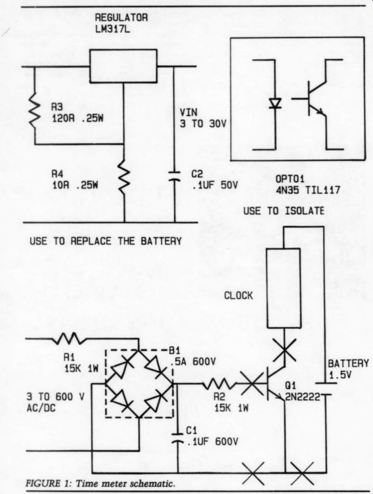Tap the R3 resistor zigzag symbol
click(x=34, y=110)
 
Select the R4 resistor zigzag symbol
click(x=124, y=179)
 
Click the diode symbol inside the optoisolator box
click(x=275, y=103)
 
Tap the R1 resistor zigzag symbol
click(x=69, y=338)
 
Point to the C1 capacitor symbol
click(x=177, y=438)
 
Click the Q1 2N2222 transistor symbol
click(x=274, y=384)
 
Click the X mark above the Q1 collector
click(x=284, y=349)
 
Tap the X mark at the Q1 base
click(x=252, y=384)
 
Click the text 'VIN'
click(x=188, y=112)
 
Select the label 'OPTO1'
click(x=290, y=179)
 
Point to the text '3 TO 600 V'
click(x=55, y=397)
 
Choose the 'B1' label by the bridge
click(x=175, y=350)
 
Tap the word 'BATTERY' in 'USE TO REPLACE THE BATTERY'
click(x=161, y=241)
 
